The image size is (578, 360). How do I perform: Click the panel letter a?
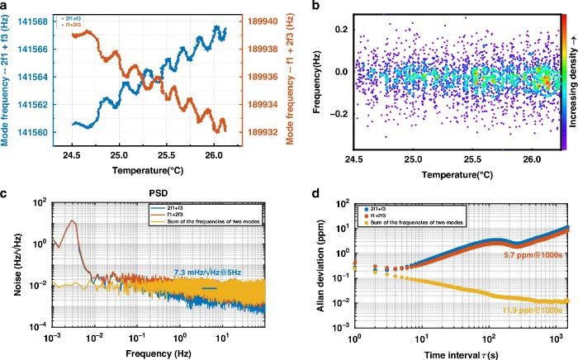5,7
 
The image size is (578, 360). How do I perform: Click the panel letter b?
317,7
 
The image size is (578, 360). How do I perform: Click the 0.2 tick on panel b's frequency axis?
343,28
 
